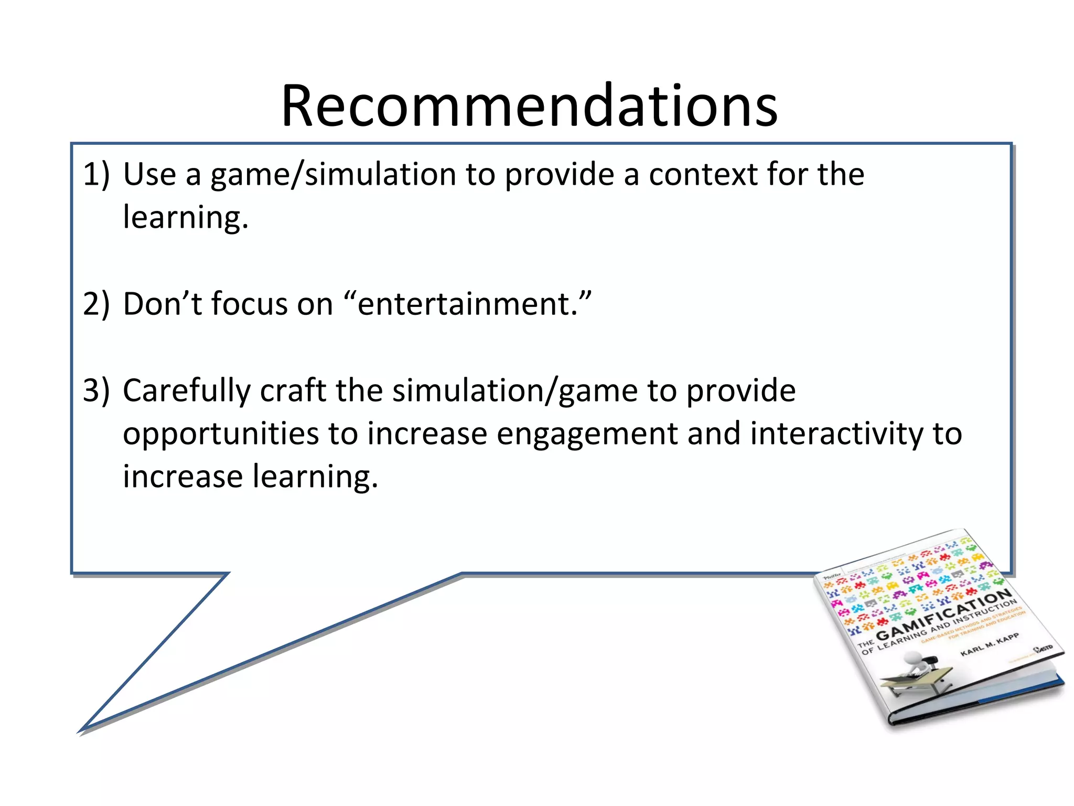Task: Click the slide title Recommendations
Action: [x=529, y=107]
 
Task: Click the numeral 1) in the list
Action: [x=96, y=174]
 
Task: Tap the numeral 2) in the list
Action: [x=96, y=304]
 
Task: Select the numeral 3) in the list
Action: [x=96, y=390]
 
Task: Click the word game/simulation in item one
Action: [x=333, y=175]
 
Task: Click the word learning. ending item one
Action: [x=185, y=218]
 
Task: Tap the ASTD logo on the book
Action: [x=1043, y=649]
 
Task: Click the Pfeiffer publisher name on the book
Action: [x=832, y=577]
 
